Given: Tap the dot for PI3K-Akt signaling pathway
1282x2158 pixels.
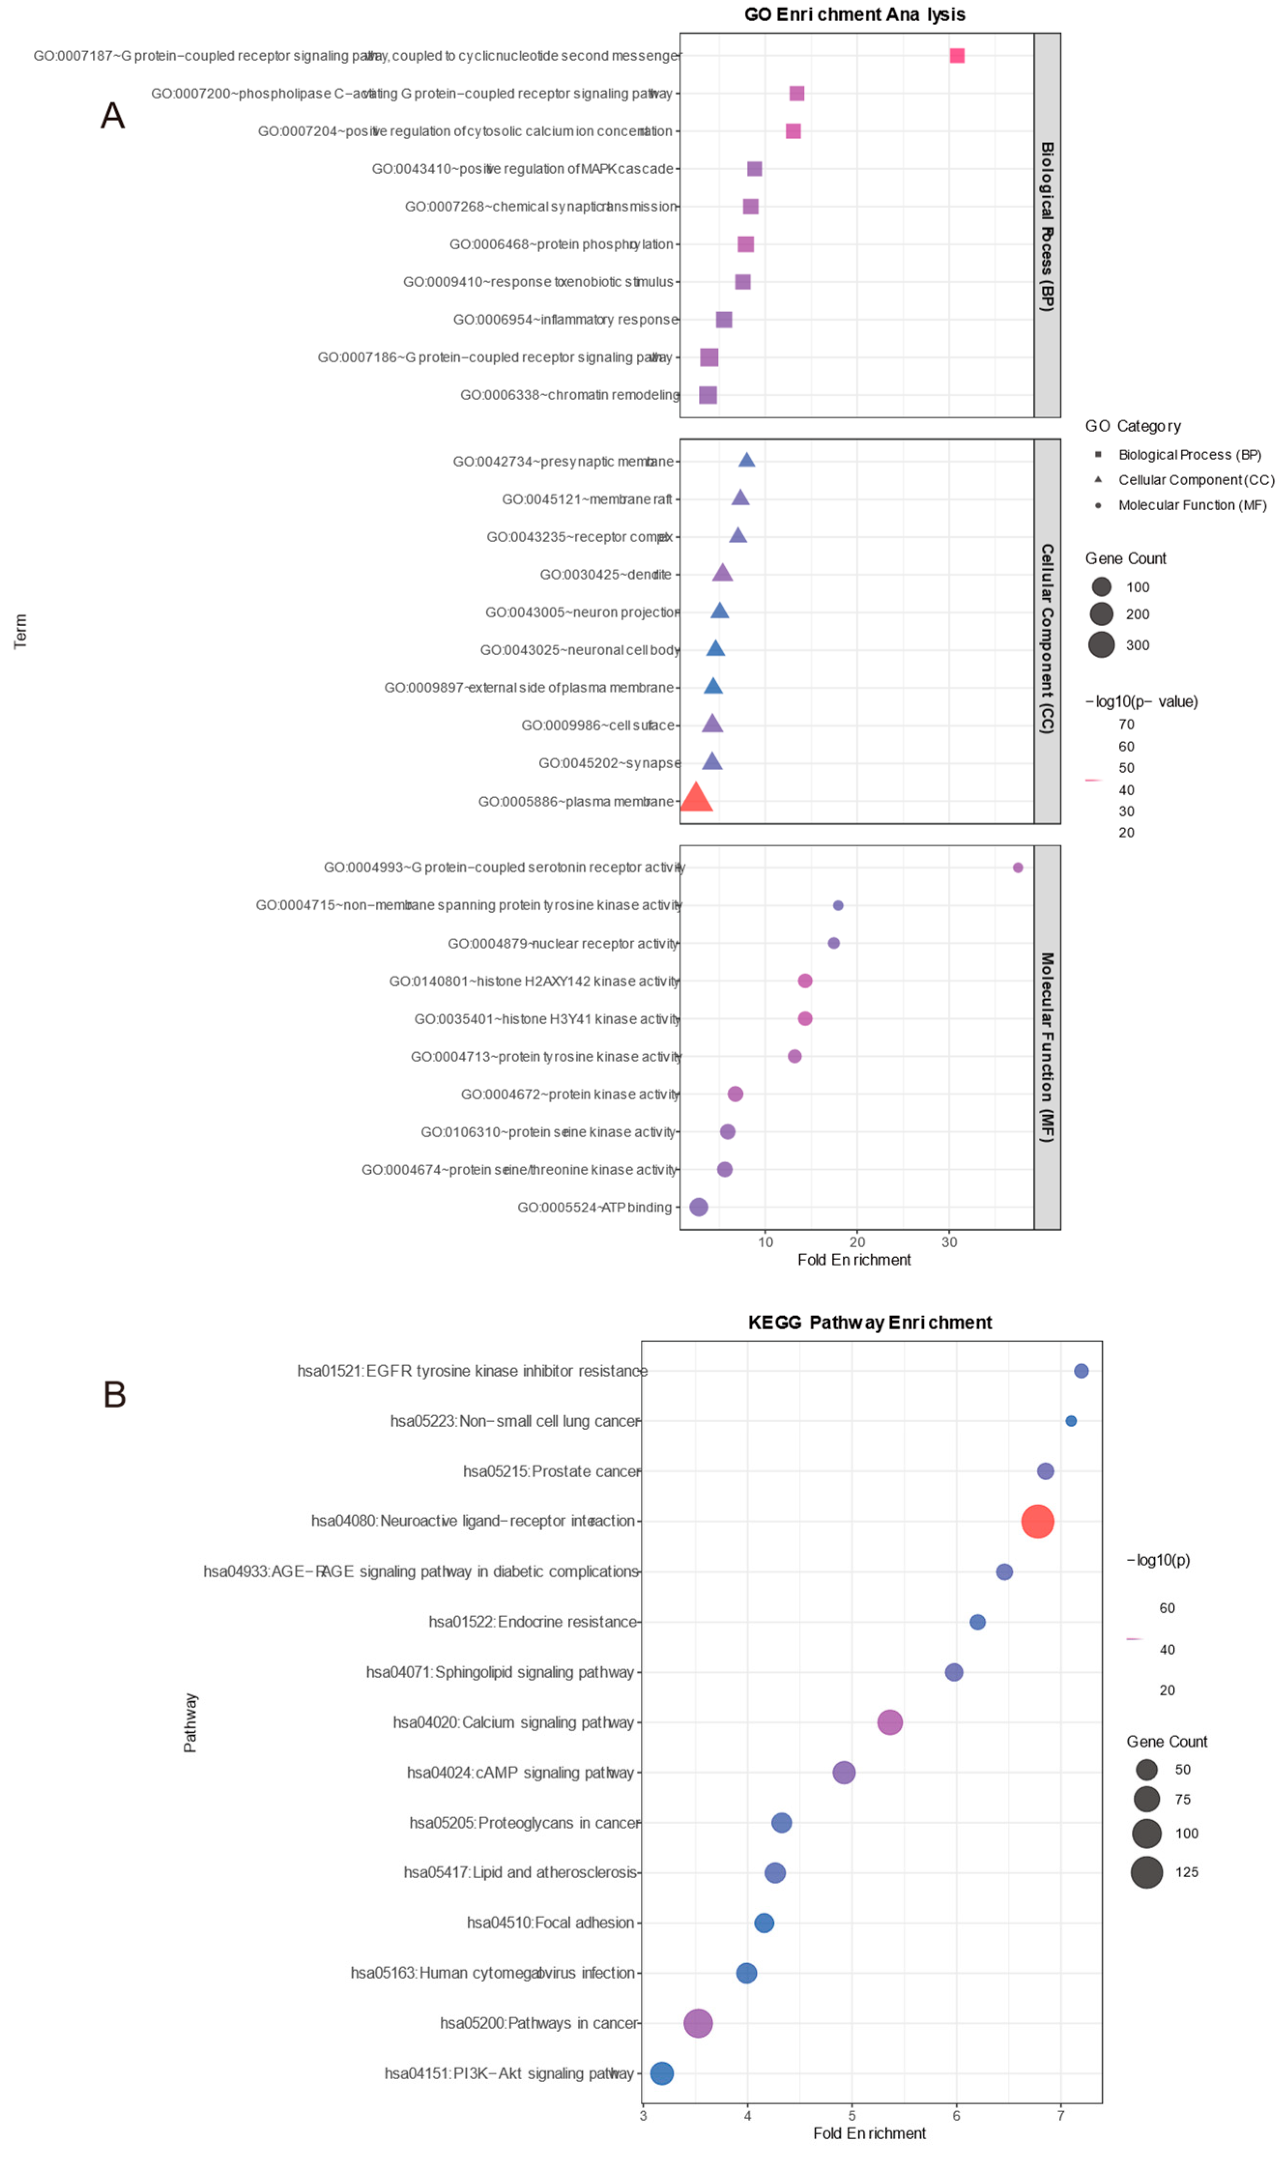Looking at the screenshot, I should [x=662, y=2072].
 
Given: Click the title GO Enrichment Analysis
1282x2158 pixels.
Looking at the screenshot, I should [x=854, y=14].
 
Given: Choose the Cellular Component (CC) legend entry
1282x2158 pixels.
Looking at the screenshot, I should [x=1195, y=479].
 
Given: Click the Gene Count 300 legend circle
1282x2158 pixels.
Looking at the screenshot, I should [x=1101, y=645].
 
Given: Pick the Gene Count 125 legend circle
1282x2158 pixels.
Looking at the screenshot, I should [x=1146, y=1872].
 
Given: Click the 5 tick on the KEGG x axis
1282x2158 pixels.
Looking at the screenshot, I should [x=852, y=2115].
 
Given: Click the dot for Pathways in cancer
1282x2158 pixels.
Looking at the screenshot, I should [x=697, y=2022].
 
